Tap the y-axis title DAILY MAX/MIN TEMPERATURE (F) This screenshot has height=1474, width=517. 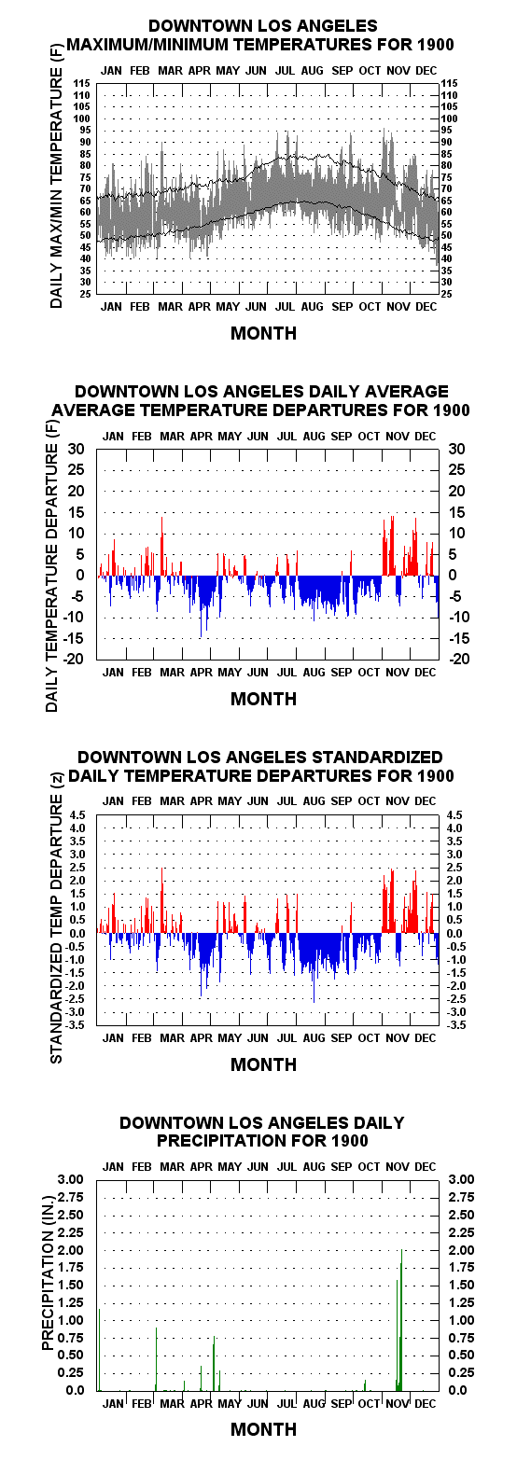pos(57,177)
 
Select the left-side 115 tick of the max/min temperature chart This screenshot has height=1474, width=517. pos(82,84)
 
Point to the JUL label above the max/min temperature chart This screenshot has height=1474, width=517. pos(286,70)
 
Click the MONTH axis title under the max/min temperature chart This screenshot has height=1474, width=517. pos(263,333)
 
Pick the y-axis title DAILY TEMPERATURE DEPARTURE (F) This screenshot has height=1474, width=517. pos(52,566)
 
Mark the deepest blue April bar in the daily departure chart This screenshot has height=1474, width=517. pos(201,606)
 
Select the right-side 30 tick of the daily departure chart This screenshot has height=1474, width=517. pos(456,449)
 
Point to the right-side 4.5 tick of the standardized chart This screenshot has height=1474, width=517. pos(454,814)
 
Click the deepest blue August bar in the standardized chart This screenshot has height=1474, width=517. pos(314,967)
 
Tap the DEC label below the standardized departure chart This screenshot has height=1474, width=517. pos(426,1037)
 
